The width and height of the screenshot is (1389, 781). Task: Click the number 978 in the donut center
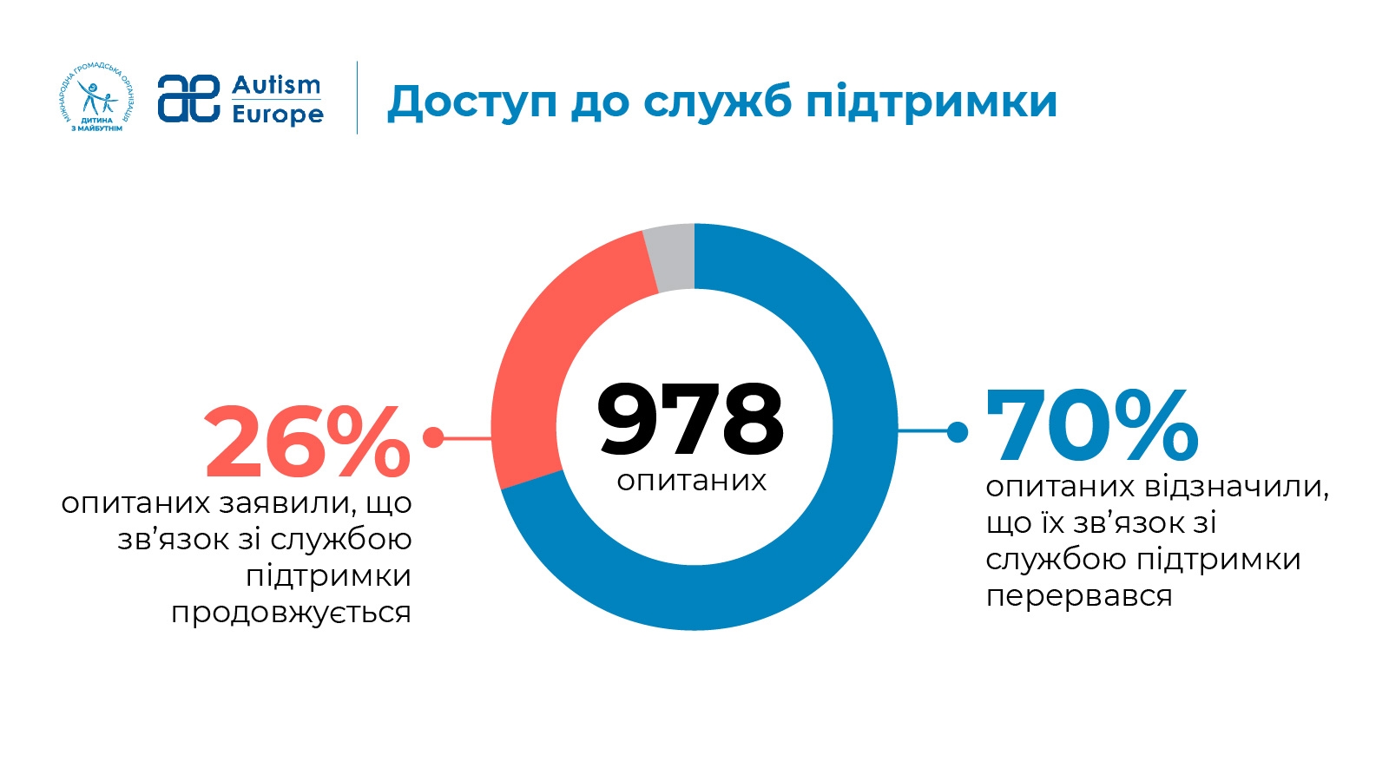(x=691, y=420)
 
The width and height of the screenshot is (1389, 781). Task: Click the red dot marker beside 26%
(x=433, y=437)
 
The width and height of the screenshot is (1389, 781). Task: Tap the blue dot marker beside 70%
(x=958, y=431)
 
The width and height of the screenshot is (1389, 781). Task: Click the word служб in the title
(x=716, y=102)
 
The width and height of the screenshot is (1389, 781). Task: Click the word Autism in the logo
(x=276, y=85)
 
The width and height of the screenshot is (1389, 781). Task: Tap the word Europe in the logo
(x=278, y=115)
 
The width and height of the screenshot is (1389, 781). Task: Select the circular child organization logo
(x=96, y=97)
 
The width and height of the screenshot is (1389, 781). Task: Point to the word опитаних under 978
(x=692, y=481)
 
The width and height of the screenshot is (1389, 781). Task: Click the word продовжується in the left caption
(x=291, y=613)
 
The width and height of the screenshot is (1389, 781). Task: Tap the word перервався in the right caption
(x=1079, y=596)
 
